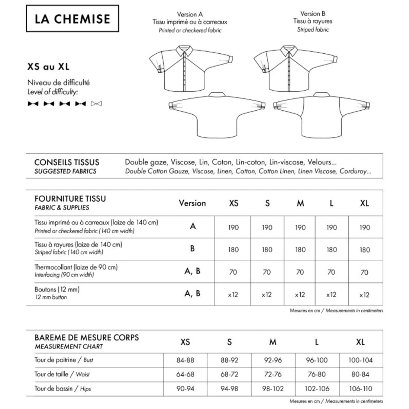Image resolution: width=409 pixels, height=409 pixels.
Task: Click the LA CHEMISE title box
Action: coord(73,18)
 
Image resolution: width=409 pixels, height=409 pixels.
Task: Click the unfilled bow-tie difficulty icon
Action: coord(96,104)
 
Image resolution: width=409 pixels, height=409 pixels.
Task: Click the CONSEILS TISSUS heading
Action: coord(67,163)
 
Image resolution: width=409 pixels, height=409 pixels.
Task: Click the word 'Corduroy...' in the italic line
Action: coord(355,171)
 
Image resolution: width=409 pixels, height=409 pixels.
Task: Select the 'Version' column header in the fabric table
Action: coord(192,203)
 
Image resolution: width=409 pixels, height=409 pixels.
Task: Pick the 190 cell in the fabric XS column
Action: coord(233,227)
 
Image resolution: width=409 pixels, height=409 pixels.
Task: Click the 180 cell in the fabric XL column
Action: coord(364,250)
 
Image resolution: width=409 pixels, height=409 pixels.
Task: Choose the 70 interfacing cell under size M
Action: coord(300,272)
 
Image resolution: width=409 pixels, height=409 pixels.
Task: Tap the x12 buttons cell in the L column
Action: coord(331,295)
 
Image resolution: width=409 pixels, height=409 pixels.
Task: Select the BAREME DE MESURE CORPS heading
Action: coord(87,337)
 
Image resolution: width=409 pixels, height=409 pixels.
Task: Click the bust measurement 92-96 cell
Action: coord(273,360)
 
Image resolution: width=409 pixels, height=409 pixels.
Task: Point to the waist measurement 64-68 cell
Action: coord(185,375)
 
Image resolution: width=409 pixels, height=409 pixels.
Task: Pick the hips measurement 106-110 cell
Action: coord(360,389)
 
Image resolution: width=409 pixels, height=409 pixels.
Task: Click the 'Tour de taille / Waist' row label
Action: coord(62,375)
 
